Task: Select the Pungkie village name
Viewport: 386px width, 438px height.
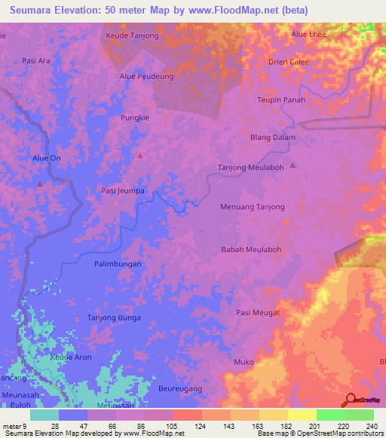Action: (x=136, y=117)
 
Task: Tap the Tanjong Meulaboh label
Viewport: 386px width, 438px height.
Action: (x=250, y=167)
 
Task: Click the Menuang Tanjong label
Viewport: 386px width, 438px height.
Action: (x=252, y=206)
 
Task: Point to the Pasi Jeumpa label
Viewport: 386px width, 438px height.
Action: (x=123, y=191)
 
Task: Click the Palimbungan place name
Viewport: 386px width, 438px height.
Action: (x=118, y=264)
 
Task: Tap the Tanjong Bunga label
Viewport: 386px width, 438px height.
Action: (x=114, y=318)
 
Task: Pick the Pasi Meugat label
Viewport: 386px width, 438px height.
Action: (x=258, y=312)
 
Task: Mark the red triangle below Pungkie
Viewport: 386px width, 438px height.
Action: (x=140, y=156)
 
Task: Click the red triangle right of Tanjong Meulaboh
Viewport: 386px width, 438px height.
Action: (x=293, y=166)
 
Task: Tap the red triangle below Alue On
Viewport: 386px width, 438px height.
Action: (x=39, y=184)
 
